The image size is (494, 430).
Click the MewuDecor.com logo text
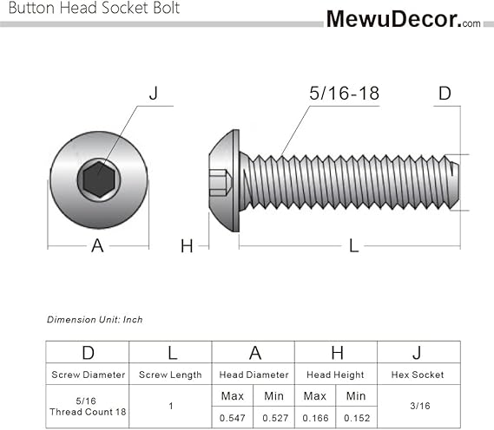(403, 19)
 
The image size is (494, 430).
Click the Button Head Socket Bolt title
(94, 8)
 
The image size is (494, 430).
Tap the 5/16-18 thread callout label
(344, 93)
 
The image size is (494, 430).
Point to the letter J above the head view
(154, 93)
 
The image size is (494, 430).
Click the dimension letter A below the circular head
(97, 245)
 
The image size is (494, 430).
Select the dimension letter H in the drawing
(187, 246)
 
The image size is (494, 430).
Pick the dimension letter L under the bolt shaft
(354, 245)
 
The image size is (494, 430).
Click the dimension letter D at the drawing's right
(445, 93)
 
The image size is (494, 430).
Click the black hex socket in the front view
(99, 179)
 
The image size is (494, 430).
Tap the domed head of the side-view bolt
(224, 180)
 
